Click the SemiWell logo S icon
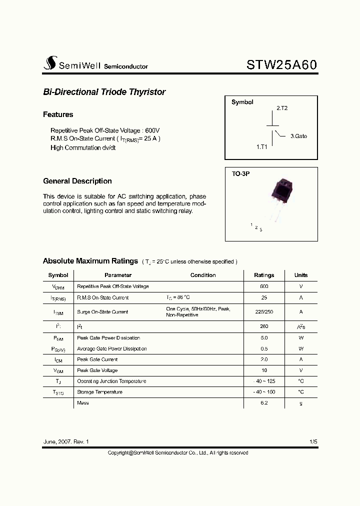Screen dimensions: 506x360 [x=49, y=63]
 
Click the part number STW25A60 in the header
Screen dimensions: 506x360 [x=281, y=65]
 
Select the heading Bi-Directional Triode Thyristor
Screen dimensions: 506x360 [x=104, y=92]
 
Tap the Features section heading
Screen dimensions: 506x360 [x=58, y=114]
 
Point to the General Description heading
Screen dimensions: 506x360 [x=77, y=181]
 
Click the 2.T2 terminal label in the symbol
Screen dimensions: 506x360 [x=282, y=108]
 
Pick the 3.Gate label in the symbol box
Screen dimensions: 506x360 [x=298, y=136]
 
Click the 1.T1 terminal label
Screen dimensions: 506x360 [x=262, y=147]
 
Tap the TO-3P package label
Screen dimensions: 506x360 [x=240, y=173]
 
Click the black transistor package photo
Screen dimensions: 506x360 [x=281, y=194]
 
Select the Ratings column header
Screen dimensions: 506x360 [x=264, y=275]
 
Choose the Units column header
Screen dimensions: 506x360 [x=301, y=275]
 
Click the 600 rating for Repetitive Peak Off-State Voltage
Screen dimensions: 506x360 [x=264, y=286]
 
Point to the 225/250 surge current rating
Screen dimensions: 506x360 [x=264, y=311]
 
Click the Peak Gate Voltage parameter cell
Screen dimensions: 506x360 [x=97, y=370]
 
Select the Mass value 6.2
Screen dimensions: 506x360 [x=264, y=403]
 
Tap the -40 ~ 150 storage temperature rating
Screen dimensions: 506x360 [x=264, y=392]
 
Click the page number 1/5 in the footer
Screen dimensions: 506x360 [x=313, y=442]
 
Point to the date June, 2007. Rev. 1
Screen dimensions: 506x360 [x=65, y=442]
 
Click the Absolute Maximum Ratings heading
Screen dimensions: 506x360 [x=90, y=261]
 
